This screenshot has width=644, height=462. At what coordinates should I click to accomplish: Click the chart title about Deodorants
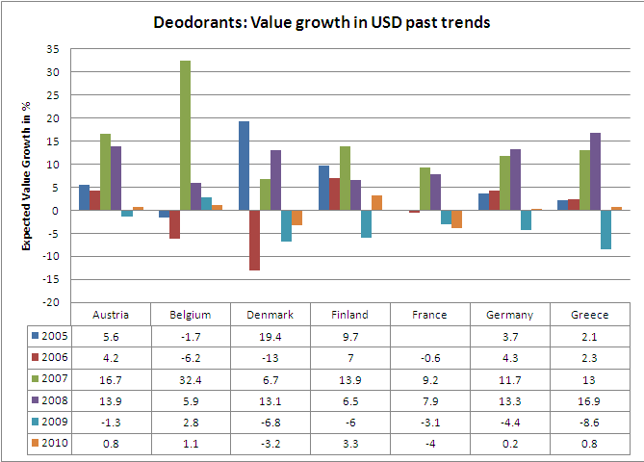pos(322,21)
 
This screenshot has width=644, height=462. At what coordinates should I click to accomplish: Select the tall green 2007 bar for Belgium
pos(185,136)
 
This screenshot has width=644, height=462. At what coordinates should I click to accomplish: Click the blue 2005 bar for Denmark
pos(244,166)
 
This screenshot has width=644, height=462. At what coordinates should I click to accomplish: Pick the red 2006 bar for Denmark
pos(254,240)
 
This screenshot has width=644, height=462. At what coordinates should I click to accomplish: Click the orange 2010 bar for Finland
pos(376,202)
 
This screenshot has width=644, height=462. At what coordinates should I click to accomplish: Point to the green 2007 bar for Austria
pos(105,171)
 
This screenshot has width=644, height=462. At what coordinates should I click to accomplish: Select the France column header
pos(430,314)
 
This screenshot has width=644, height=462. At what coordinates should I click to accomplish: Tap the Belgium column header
pos(191,314)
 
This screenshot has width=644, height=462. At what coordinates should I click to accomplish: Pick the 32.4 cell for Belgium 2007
pos(191,379)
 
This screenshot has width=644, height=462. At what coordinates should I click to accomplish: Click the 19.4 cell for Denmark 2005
pos(270,335)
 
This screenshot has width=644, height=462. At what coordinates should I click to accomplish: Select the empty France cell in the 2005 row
pos(430,335)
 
